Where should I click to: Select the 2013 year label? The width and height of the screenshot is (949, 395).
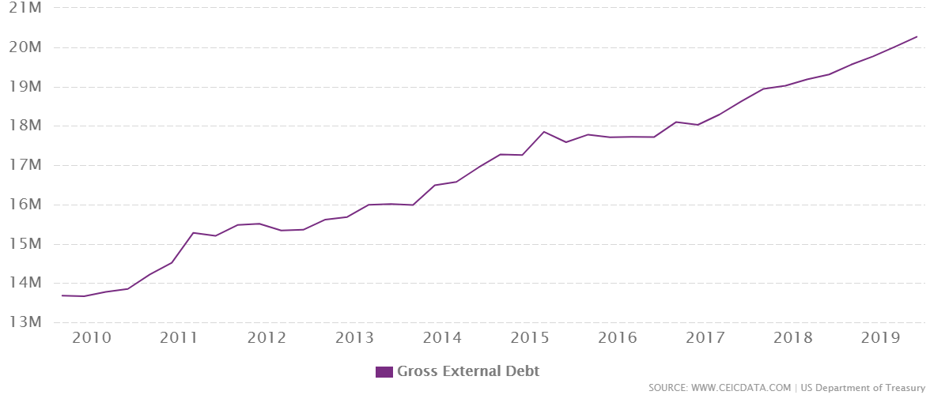click(354, 338)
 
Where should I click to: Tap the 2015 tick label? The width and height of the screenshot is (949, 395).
click(530, 338)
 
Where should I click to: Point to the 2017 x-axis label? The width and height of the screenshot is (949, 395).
click(705, 338)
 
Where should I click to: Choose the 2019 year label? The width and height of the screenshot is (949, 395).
click(881, 338)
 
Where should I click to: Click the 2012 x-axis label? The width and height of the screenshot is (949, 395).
click(266, 338)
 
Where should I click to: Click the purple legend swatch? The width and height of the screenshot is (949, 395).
click(384, 371)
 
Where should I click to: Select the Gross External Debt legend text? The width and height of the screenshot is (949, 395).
click(468, 371)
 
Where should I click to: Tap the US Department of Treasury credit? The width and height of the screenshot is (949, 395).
click(863, 388)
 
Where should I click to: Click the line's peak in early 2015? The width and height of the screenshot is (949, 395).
click(544, 131)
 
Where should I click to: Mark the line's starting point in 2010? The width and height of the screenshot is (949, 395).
click(62, 295)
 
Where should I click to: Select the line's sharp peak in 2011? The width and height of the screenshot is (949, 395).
click(194, 232)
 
